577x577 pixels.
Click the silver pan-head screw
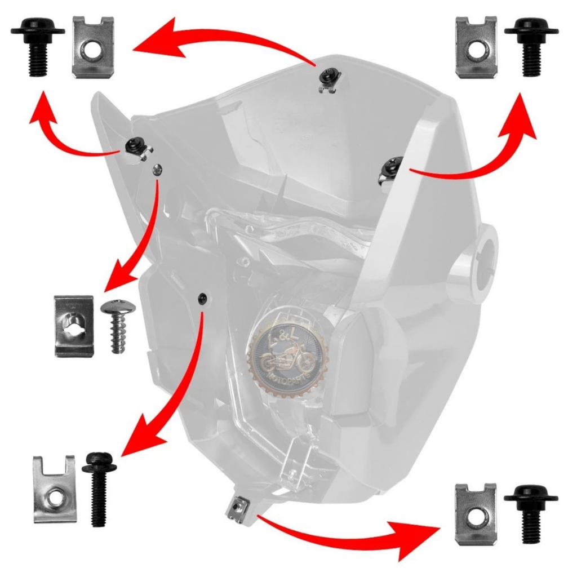(x=115, y=326)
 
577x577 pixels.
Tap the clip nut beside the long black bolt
(x=54, y=488)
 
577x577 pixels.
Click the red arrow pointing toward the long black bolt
(x=169, y=394)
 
